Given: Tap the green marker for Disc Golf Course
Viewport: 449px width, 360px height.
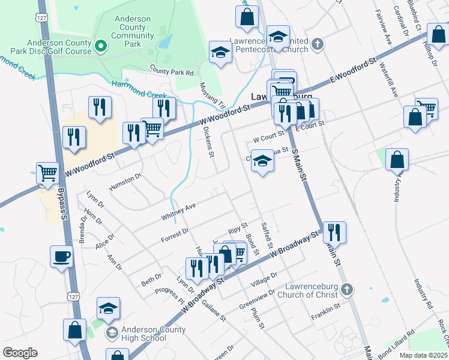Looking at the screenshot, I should point(100,46).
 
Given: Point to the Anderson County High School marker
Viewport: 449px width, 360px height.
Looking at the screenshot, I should point(112,332).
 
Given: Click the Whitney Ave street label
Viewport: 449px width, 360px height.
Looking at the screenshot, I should point(178,211).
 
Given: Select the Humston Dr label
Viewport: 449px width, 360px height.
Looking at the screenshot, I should point(125,182).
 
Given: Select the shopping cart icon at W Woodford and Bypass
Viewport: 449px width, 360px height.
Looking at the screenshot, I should point(47,173).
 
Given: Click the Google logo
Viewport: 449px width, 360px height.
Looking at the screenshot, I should point(20,353).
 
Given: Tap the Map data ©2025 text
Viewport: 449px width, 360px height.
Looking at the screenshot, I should point(423,355).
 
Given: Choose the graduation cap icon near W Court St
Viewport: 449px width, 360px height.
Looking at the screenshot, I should point(262,160).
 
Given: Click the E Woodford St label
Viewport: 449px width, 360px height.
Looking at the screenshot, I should point(352,72).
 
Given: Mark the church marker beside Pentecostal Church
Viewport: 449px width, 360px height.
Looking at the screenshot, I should point(318,44).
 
